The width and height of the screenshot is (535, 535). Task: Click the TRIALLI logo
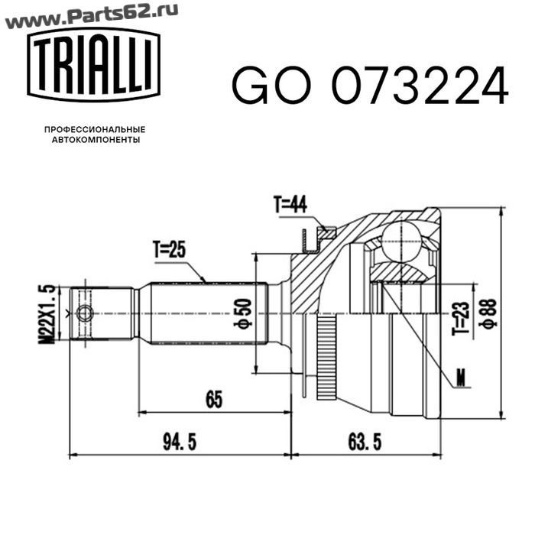coord(94,65)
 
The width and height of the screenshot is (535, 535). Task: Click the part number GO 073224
coord(370,85)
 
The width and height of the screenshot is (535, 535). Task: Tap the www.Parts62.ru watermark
coord(92,16)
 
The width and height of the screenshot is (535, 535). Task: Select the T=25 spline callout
coord(169,249)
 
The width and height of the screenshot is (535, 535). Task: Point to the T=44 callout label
coord(290,204)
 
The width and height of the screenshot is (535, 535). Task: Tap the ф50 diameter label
coord(243,313)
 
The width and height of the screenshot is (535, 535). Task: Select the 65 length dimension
coord(214,399)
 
